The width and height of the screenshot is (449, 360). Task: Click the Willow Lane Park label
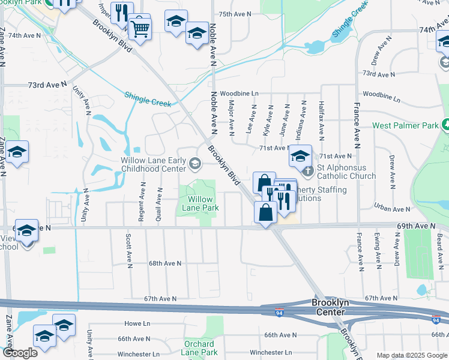pyautogui.click(x=200, y=203)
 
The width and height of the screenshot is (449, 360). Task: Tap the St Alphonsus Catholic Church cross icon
pyautogui.click(x=308, y=172)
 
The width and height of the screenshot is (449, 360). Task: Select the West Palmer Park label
pyautogui.click(x=406, y=125)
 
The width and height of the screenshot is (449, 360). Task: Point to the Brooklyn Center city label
pyautogui.click(x=329, y=307)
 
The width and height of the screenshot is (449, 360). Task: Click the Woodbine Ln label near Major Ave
pyautogui.click(x=239, y=94)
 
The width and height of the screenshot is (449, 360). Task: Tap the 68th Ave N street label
pyautogui.click(x=164, y=263)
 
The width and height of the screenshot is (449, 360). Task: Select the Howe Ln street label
pyautogui.click(x=137, y=323)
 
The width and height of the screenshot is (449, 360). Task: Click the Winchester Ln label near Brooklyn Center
pyautogui.click(x=270, y=352)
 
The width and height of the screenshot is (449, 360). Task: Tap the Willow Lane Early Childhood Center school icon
pyautogui.click(x=195, y=163)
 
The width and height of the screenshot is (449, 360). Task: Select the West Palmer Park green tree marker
pyautogui.click(x=445, y=125)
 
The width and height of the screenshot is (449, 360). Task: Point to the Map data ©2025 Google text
pyautogui.click(x=411, y=355)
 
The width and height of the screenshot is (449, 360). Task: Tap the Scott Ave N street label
pyautogui.click(x=129, y=250)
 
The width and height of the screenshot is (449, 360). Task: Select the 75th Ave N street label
pyautogui.click(x=234, y=14)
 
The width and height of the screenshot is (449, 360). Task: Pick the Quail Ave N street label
pyautogui.click(x=159, y=205)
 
